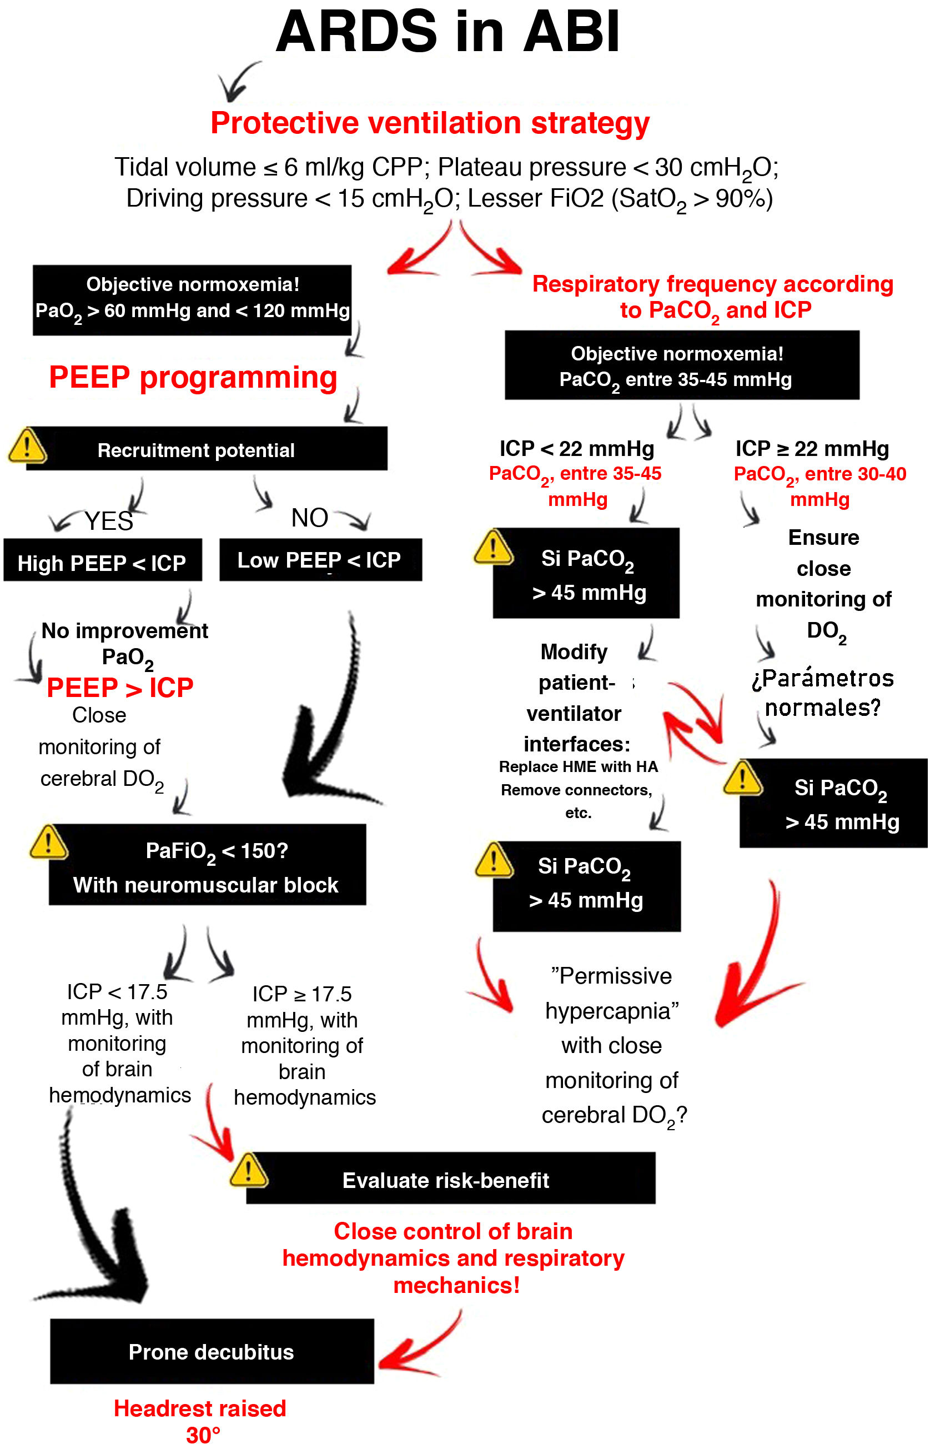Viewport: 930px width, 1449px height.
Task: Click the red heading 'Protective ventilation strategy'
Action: pyautogui.click(x=429, y=123)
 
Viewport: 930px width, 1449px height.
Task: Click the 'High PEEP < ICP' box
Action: pyautogui.click(x=102, y=561)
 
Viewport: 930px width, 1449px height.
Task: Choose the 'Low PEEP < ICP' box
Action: pyautogui.click(x=319, y=560)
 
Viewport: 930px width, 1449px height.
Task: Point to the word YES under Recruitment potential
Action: pyautogui.click(x=109, y=520)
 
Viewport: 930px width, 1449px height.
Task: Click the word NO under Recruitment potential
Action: pyautogui.click(x=309, y=518)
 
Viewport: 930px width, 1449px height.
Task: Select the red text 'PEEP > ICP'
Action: pyautogui.click(x=119, y=688)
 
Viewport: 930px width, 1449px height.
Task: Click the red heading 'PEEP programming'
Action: pyautogui.click(x=193, y=378)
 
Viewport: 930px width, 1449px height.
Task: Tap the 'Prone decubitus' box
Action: pyautogui.click(x=212, y=1351)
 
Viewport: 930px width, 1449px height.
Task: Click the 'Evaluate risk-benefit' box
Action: pyautogui.click(x=450, y=1180)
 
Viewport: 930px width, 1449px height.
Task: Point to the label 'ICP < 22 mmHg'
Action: pyautogui.click(x=576, y=449)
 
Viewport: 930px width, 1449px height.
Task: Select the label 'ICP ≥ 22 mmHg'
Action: pyautogui.click(x=812, y=449)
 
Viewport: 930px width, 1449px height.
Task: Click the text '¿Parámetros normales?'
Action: pyautogui.click(x=822, y=692)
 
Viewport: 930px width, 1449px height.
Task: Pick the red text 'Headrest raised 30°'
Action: pyautogui.click(x=200, y=1421)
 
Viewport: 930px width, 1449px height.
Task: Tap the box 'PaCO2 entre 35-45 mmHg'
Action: pyautogui.click(x=681, y=365)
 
